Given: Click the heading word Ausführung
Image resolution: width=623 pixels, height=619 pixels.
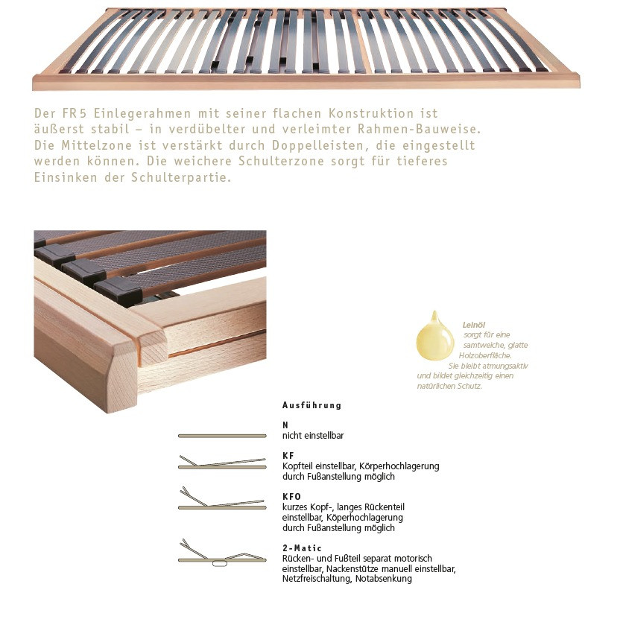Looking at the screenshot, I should click(311, 406).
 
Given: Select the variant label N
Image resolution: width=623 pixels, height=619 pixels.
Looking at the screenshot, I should click(285, 424).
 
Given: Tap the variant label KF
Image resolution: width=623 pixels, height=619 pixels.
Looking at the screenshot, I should click(288, 454).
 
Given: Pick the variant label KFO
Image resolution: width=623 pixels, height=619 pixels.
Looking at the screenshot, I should click(291, 495).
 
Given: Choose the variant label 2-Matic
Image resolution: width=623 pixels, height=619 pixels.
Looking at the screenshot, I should click(302, 547).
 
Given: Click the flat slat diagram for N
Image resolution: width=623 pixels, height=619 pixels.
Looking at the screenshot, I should click(221, 435).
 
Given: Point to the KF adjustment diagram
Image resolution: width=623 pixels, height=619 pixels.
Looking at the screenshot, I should click(221, 464).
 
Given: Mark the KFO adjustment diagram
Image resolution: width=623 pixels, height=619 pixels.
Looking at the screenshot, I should click(221, 501).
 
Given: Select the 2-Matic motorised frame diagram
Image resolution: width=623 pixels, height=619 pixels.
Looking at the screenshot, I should click(221, 556).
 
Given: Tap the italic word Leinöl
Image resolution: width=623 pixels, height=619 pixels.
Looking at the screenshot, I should click(475, 325).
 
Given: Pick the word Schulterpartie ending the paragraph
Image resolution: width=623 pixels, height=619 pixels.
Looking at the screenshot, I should click(186, 179).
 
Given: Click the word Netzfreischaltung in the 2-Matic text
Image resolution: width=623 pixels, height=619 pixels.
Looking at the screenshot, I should click(316, 579).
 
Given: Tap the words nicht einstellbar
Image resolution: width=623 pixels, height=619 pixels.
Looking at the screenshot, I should click(313, 435).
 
